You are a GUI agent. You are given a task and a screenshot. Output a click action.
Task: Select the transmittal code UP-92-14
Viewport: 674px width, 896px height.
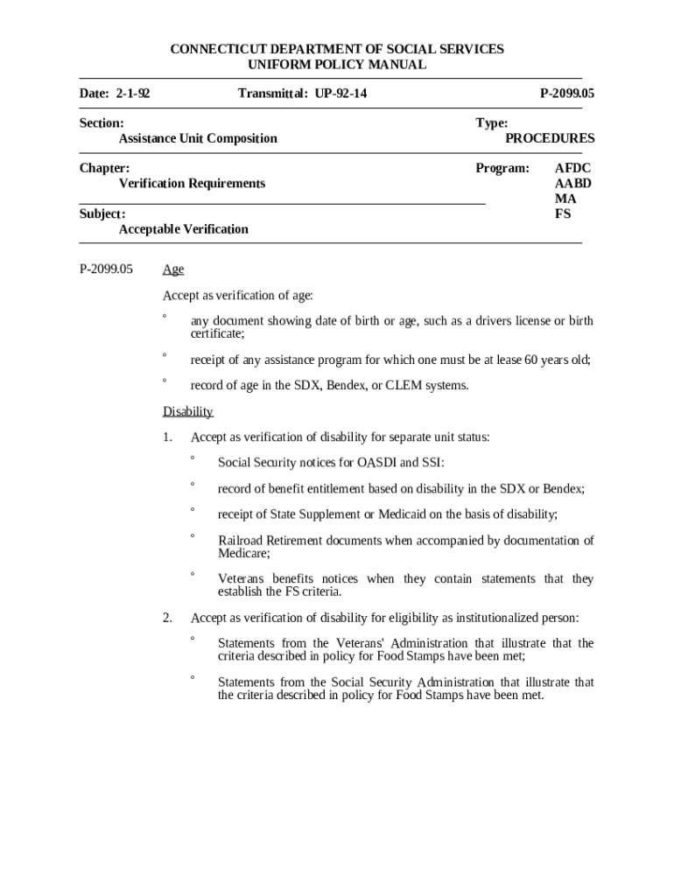click(337, 93)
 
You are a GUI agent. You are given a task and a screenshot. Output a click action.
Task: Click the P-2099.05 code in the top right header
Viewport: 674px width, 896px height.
click(567, 93)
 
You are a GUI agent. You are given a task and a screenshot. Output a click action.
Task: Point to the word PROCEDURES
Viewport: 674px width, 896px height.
click(550, 138)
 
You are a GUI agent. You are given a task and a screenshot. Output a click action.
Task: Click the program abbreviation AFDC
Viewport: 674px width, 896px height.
click(573, 168)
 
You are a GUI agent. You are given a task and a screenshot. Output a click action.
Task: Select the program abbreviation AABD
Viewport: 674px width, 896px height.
click(573, 183)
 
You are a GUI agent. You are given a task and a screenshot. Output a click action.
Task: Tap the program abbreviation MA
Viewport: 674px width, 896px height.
click(565, 199)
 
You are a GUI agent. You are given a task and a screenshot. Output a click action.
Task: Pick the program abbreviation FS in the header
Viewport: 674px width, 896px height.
click(563, 213)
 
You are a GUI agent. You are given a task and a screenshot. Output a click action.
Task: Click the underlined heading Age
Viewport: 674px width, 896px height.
click(173, 270)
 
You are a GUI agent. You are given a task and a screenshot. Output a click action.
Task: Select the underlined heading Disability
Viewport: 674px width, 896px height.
click(188, 412)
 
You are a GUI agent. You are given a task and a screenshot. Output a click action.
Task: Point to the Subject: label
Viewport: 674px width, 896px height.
click(102, 213)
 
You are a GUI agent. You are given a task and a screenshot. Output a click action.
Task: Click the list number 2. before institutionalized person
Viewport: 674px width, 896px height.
click(167, 618)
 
